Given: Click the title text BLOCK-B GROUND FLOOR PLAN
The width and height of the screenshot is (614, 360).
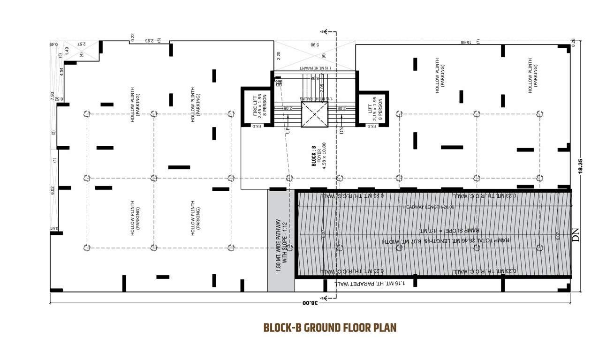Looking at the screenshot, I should [330, 328].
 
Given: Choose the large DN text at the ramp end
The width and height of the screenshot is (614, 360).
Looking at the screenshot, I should [576, 234].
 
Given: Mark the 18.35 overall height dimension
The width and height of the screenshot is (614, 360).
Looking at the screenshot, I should [581, 166].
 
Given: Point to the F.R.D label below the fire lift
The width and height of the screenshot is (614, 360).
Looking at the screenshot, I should [257, 127].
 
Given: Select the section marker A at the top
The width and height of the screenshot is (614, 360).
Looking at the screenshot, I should [322, 32].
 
